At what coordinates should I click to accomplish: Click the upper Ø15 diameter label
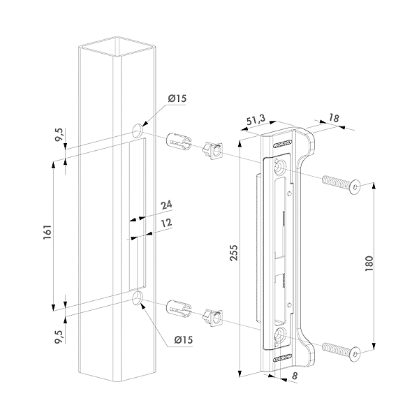coord(177,98)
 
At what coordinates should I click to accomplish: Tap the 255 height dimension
coord(234,256)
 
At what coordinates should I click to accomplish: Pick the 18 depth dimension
coord(333,119)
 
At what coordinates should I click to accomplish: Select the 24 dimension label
coord(166,205)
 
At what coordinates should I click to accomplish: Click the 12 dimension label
coord(166,223)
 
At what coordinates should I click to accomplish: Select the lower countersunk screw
coord(341,351)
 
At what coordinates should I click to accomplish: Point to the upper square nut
coord(212,151)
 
